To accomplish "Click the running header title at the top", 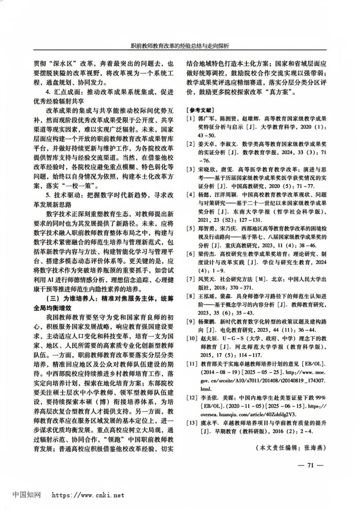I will (180, 46).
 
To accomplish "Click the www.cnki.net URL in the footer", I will (88, 495).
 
